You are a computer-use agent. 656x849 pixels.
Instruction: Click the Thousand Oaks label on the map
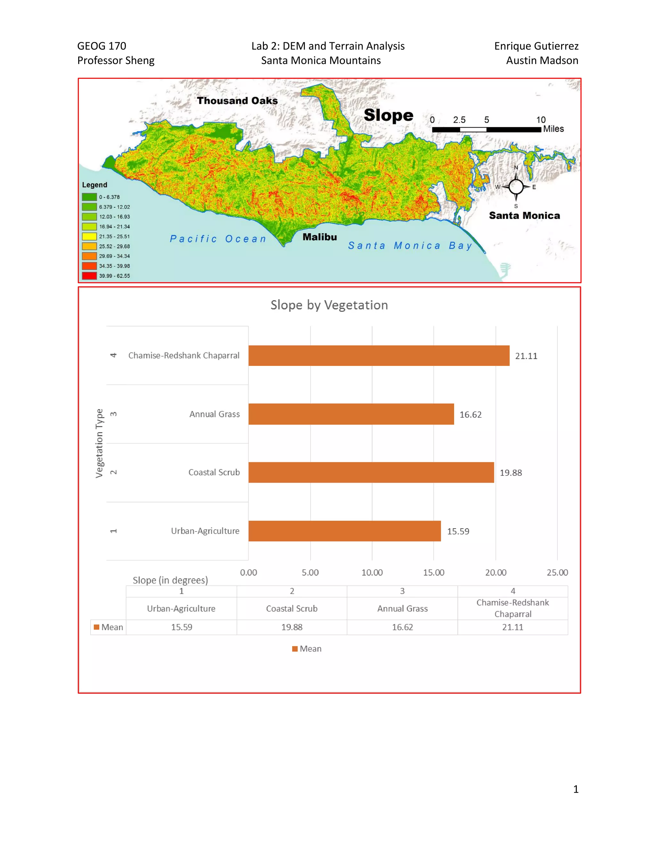[x=237, y=101]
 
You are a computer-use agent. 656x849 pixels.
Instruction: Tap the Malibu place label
[x=319, y=237]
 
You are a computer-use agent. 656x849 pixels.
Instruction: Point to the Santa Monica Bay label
[x=410, y=246]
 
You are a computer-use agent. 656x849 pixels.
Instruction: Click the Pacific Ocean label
[x=218, y=239]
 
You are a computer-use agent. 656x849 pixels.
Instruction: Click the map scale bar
[x=486, y=129]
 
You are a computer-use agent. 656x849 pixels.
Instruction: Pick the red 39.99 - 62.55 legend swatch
[x=89, y=276]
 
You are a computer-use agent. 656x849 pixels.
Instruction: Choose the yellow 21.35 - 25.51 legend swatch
[x=89, y=236]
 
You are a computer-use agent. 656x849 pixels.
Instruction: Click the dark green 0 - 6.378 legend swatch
[x=89, y=197]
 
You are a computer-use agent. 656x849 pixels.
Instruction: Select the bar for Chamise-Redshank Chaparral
[x=379, y=356]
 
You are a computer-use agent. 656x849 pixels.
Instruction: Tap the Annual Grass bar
[x=351, y=414]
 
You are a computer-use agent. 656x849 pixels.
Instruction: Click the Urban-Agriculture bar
[x=344, y=531]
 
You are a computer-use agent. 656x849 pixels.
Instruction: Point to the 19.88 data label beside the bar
[x=511, y=473]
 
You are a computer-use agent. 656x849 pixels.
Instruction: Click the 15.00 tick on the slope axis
[x=433, y=572]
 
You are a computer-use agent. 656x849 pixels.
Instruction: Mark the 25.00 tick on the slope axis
[x=557, y=572]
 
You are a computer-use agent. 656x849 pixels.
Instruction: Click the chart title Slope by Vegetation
[x=329, y=305]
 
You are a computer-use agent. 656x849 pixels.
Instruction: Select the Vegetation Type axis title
[x=100, y=443]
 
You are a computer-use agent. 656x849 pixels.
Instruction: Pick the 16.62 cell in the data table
[x=402, y=627]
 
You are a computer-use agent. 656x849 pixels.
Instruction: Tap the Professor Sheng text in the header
[x=116, y=61]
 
